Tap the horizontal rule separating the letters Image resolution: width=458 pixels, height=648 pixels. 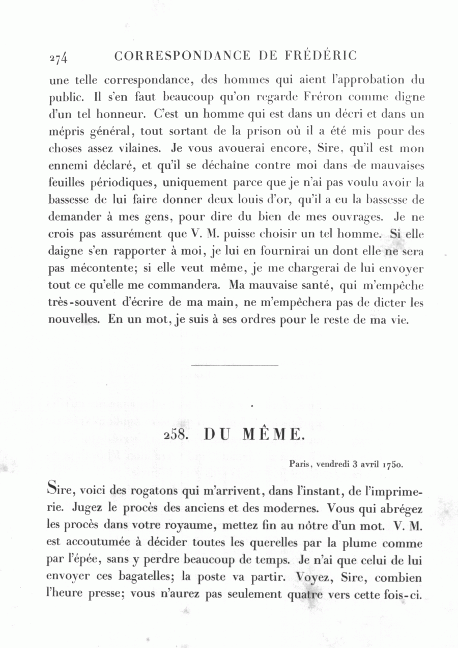coord(234,365)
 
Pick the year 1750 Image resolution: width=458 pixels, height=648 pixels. coord(393,464)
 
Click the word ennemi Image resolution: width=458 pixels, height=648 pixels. coord(68,166)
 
